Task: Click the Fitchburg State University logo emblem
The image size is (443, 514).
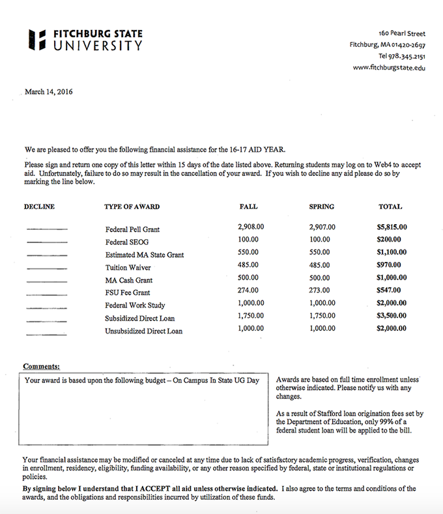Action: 37,40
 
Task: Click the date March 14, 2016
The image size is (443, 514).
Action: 49,92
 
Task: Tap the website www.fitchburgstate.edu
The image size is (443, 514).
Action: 389,68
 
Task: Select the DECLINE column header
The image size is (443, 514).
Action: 39,207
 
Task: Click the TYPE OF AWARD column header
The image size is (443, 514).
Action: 132,207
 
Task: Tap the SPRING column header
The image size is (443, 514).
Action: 321,207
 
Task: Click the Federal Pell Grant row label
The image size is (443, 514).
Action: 132,229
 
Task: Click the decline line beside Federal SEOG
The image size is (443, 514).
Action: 47,242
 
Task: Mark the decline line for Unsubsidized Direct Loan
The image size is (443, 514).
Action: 47,334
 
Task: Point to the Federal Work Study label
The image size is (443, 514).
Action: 135,306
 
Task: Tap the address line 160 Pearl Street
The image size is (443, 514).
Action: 401,33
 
